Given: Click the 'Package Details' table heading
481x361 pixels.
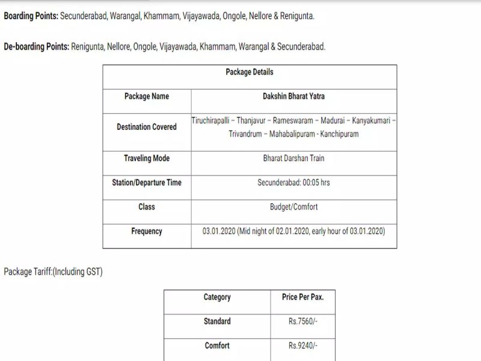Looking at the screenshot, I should click(250, 72).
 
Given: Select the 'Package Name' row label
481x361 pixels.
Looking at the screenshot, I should click(147, 96).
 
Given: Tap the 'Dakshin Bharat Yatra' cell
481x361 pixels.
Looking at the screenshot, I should click(294, 96).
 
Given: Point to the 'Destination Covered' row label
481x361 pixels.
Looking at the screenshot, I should click(147, 127).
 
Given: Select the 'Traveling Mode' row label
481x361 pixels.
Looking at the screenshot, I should click(147, 158).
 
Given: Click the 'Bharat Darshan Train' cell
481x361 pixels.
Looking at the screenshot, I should click(294, 158).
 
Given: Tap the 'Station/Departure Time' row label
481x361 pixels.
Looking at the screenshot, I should click(147, 182).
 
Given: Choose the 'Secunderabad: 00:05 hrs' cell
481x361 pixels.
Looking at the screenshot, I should click(294, 182).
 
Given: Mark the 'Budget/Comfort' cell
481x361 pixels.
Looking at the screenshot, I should click(294, 207).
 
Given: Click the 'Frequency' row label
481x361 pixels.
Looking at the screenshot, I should click(147, 231).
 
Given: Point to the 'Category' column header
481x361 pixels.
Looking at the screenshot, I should click(217, 297).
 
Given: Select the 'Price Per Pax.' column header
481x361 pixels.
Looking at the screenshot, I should click(302, 297).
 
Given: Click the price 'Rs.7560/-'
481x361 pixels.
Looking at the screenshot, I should click(302, 321).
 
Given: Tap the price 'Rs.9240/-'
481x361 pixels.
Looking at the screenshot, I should click(302, 346).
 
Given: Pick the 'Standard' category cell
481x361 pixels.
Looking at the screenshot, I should click(217, 321).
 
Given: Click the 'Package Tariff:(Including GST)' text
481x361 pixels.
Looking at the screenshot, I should click(53, 272).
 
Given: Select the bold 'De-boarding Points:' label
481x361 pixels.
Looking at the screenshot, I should click(36, 46).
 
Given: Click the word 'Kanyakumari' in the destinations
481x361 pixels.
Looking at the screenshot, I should click(372, 121).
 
